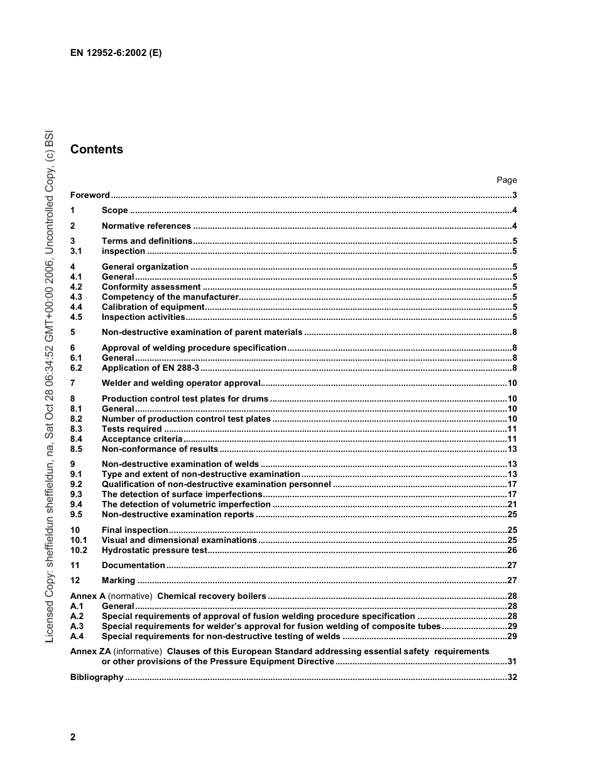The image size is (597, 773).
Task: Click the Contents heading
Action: pyautogui.click(x=97, y=150)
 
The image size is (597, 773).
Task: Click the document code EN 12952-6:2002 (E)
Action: pyautogui.click(x=116, y=53)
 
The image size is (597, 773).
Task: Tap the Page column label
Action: pyautogui.click(x=507, y=180)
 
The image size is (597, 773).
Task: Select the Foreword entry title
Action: pyautogui.click(x=90, y=195)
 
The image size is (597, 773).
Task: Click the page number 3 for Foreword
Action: pyautogui.click(x=514, y=195)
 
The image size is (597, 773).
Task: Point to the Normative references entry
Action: pyautogui.click(x=146, y=226)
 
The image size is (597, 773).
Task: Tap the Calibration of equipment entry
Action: pyautogui.click(x=153, y=307)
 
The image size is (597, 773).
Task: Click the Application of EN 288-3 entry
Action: pyautogui.click(x=150, y=368)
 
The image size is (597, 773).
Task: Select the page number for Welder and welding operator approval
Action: pyautogui.click(x=512, y=383)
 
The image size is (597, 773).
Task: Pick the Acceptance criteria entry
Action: pyautogui.click(x=142, y=439)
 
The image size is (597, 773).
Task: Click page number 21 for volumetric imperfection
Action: pyautogui.click(x=512, y=505)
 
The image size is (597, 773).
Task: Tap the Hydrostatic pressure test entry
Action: pyautogui.click(x=154, y=551)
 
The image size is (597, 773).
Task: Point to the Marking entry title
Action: pyautogui.click(x=118, y=581)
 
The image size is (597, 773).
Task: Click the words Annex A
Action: pyautogui.click(x=88, y=596)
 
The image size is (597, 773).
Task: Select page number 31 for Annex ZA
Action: pyautogui.click(x=512, y=662)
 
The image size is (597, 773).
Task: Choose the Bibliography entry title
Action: pyautogui.click(x=97, y=677)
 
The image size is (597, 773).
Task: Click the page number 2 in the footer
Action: pyautogui.click(x=73, y=737)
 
